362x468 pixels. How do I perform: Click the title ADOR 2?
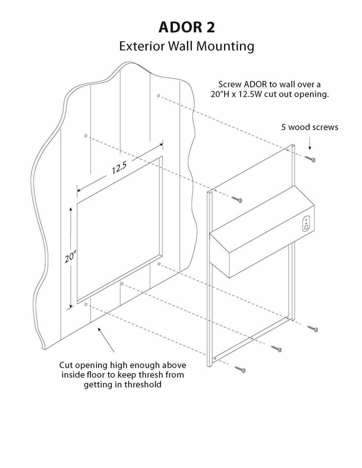pos(186,28)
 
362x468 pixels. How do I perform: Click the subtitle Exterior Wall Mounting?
pos(186,46)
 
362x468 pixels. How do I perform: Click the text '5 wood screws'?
pos(310,127)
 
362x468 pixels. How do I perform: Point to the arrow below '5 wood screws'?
pos(310,142)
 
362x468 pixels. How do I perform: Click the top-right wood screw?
pos(310,159)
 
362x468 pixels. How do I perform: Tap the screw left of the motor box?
pos(236,199)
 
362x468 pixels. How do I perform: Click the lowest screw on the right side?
pos(313,329)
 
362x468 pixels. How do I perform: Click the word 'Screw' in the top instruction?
pos(229,84)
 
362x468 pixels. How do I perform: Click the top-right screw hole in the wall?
pos(158,96)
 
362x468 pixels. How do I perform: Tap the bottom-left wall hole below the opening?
pos(86,304)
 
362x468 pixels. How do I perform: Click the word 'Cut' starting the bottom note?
pos(66,364)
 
